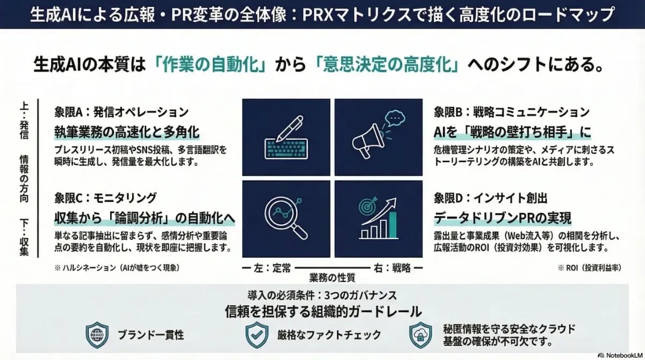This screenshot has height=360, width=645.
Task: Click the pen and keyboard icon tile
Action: click(286, 137)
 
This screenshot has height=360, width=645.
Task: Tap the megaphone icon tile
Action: click(379, 137)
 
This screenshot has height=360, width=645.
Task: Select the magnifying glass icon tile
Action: click(286, 219)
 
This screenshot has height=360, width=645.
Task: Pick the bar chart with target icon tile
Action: click(379, 219)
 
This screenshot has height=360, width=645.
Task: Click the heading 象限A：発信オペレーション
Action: click(121, 112)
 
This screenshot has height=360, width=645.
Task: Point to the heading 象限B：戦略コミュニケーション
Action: click(512, 112)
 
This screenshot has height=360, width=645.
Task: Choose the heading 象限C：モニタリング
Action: click(105, 198)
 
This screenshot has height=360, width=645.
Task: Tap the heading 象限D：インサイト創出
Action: click(490, 198)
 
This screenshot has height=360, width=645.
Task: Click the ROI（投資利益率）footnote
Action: click(590, 267)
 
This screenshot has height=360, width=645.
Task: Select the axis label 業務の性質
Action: click(332, 277)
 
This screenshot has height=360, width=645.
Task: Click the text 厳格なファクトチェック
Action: click(329, 335)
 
